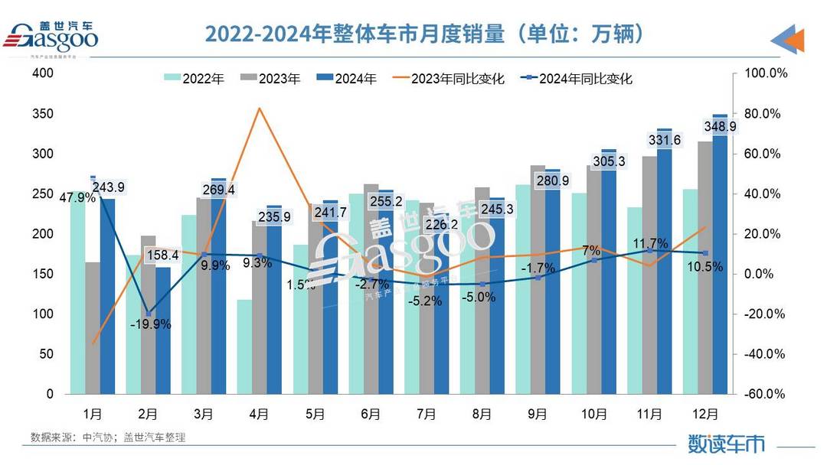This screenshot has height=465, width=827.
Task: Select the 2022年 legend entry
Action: point(194,78)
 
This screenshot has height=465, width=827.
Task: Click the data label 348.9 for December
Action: point(720,127)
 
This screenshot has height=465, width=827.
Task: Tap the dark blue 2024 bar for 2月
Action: point(163,337)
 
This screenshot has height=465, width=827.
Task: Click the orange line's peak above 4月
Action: point(260,109)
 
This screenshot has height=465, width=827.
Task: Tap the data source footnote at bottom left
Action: point(108,437)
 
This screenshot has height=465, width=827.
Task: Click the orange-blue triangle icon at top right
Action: point(788,39)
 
